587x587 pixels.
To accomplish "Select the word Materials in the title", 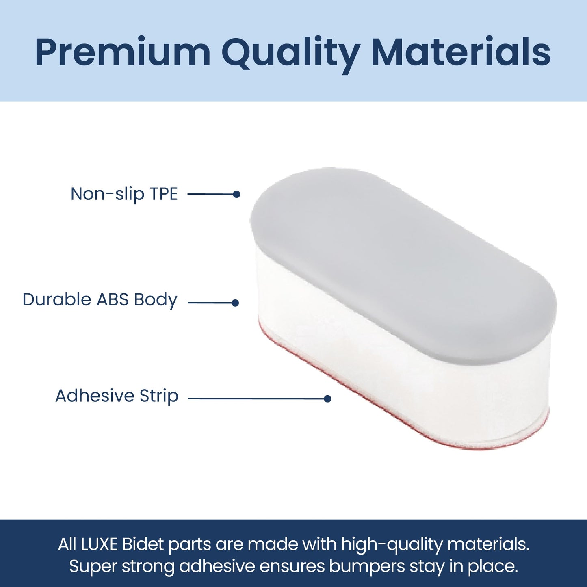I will pyautogui.click(x=461, y=52).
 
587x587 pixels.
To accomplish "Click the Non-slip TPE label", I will pyautogui.click(x=124, y=194).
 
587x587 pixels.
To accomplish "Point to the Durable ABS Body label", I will pyautogui.click(x=100, y=300).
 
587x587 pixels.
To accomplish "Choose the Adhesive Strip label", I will pyautogui.click(x=117, y=396).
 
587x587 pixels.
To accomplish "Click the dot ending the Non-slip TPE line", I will pyautogui.click(x=236, y=194).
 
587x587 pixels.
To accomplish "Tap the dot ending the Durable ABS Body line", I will pyautogui.click(x=235, y=303).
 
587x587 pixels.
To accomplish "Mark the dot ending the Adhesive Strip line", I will pyautogui.click(x=327, y=399).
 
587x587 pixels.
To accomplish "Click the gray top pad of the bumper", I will pyautogui.click(x=402, y=264).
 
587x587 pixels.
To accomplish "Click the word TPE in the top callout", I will pyautogui.click(x=164, y=194).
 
